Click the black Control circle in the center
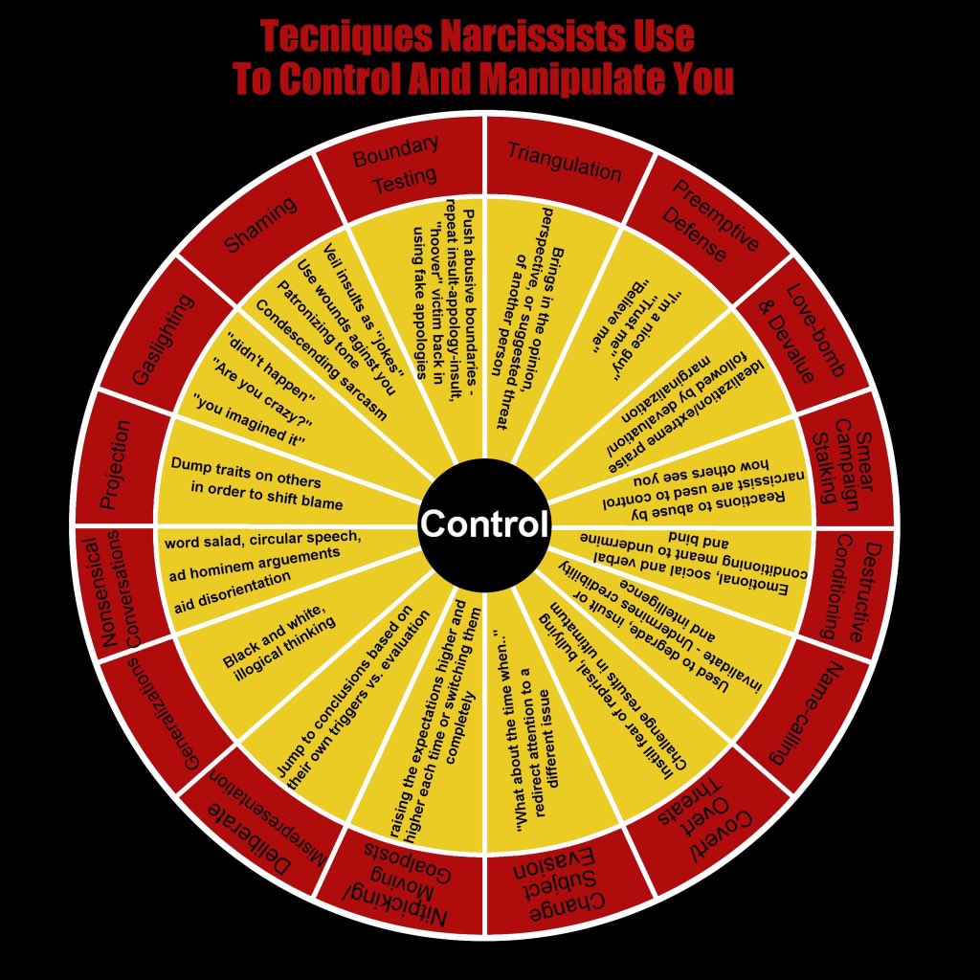(x=484, y=524)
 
